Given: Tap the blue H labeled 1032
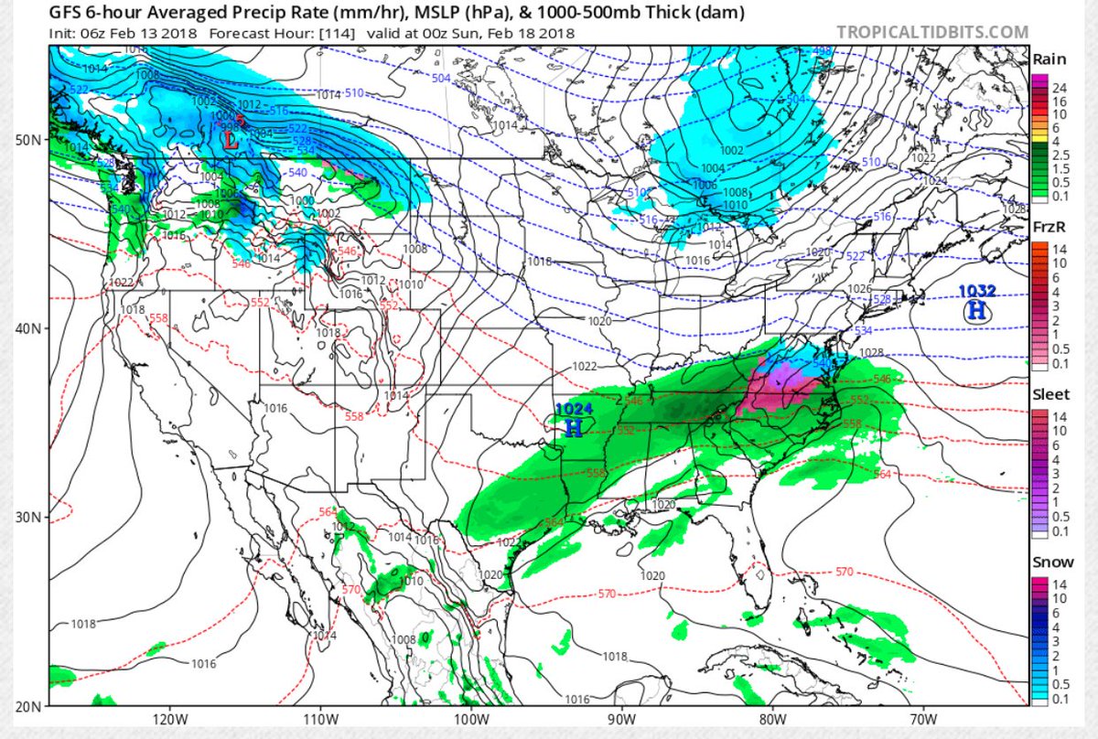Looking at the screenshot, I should coord(976,310).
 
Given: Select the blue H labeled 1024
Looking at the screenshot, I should coord(573,425).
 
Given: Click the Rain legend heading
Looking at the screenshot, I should coord(1049,59).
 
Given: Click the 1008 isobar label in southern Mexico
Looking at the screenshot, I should coord(404,639).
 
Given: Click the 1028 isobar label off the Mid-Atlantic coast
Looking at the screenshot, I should coord(871,353).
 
